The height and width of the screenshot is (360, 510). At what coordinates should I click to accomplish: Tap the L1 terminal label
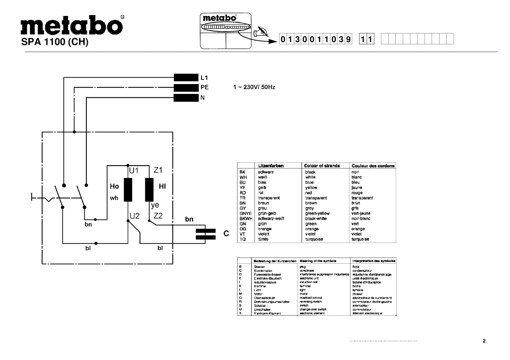coord(204,77)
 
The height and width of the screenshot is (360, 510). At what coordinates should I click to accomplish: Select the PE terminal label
coord(204,87)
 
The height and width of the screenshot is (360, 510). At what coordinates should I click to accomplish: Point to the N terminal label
coord(203,98)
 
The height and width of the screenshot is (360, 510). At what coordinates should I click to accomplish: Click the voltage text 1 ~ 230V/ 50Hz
coord(253,88)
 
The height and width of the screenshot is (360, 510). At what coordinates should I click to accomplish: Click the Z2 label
coord(158,215)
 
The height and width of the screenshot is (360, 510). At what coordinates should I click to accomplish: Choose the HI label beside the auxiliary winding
coord(162,187)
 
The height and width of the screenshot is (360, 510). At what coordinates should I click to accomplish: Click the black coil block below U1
coord(127,190)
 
